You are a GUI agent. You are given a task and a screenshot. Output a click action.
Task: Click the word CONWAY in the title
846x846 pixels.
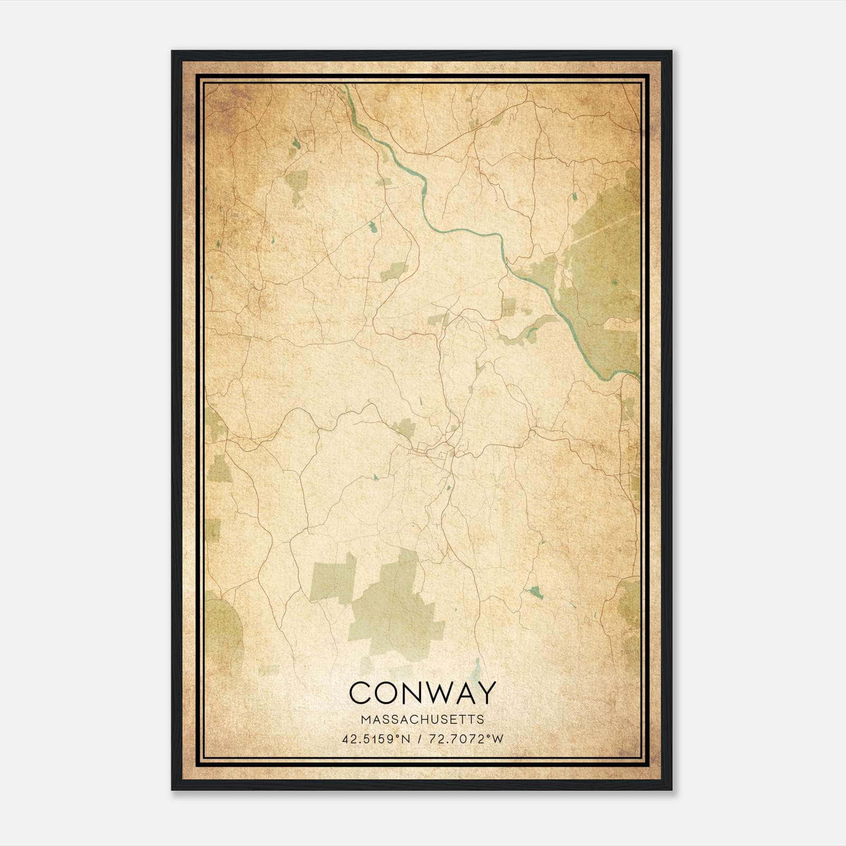(x=422, y=693)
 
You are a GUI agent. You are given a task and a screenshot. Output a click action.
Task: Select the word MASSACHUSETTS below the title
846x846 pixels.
(x=422, y=720)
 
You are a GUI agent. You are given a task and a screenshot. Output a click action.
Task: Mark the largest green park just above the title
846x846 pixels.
(x=397, y=608)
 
